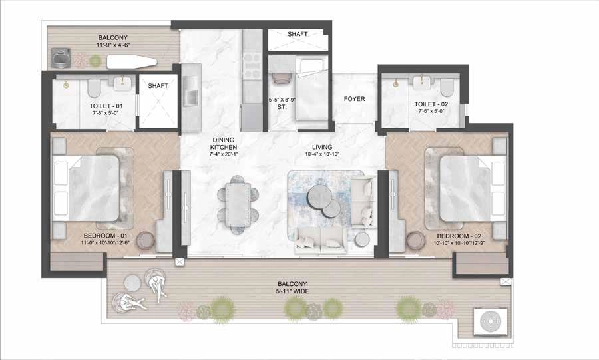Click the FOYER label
353,100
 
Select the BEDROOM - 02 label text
459,236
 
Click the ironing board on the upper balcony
132,63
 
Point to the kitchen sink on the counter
190,96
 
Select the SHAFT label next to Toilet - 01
158,85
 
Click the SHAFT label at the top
298,34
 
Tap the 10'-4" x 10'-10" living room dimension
325,155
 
